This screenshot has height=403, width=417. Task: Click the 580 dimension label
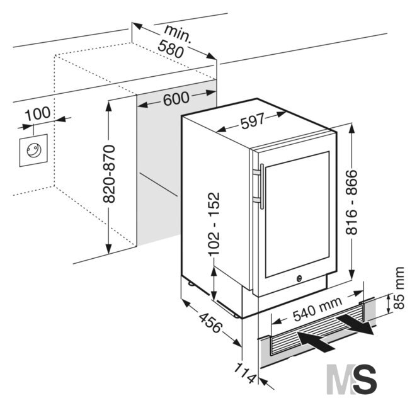coord(171,49)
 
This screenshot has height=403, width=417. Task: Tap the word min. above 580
coord(178,33)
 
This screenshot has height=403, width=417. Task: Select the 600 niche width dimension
coord(176,99)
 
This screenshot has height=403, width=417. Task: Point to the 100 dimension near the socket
coord(38,113)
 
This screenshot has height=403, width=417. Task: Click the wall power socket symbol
coord(33,150)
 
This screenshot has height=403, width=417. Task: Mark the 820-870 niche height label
coord(109,174)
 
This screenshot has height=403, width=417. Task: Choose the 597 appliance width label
coord(253,121)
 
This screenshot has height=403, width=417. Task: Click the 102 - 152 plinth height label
coord(214,224)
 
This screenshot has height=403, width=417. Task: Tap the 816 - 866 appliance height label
coord(351,202)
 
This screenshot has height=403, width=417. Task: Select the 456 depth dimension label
coord(210,323)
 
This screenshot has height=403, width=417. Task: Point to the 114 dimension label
coord(245,373)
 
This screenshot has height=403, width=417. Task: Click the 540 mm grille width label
coord(317,309)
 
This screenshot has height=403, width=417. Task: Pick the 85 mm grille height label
coord(398,288)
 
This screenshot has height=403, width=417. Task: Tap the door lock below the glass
coord(299,278)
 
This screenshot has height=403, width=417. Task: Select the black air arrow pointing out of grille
coord(355,324)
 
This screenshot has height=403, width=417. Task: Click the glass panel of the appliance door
coord(297,214)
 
